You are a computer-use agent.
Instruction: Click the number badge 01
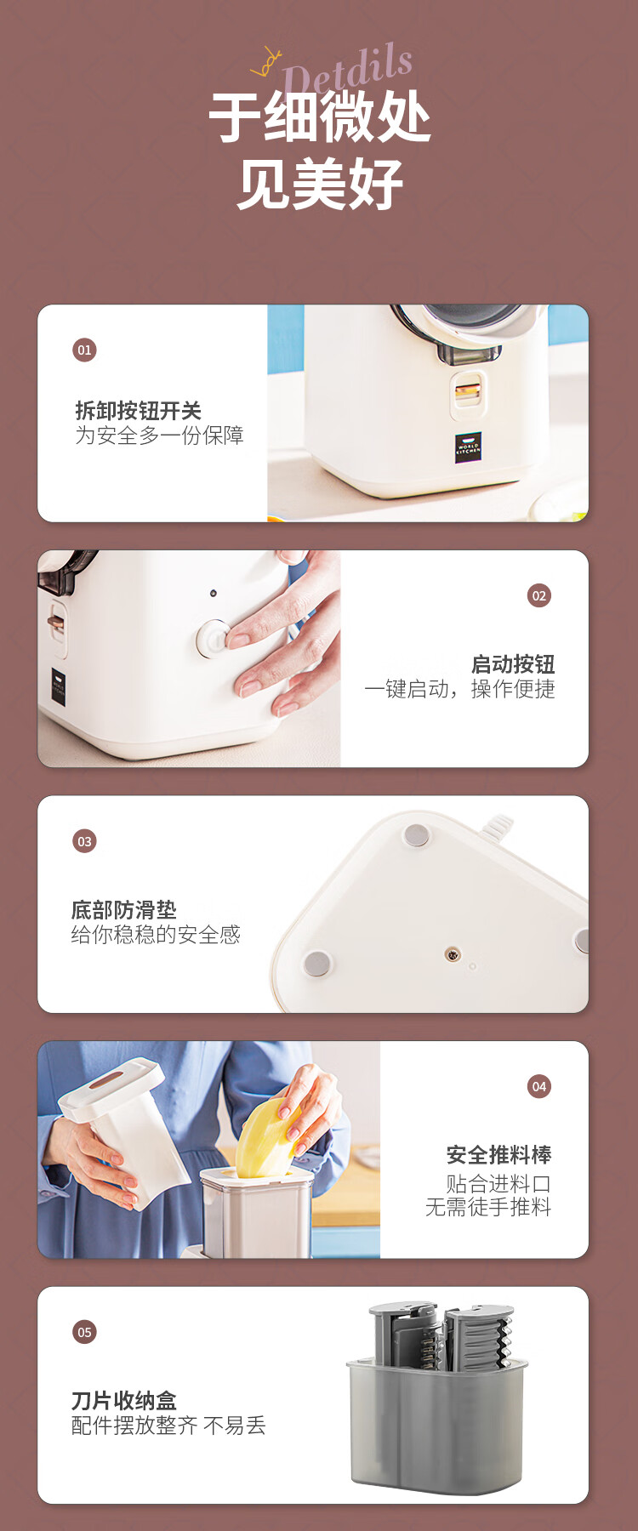tap(84, 350)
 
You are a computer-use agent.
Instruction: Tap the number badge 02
tap(539, 595)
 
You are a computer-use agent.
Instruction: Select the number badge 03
tap(84, 841)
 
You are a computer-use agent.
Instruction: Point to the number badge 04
tap(539, 1086)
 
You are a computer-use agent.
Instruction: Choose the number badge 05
tap(84, 1332)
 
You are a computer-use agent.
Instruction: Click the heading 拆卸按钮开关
tap(139, 411)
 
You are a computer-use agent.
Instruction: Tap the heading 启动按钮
tap(513, 664)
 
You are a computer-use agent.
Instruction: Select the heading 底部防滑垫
tap(124, 910)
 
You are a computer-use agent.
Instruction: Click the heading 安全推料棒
tap(499, 1155)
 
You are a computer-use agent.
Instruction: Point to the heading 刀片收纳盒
tap(124, 1401)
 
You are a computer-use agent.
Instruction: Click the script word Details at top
tap(348, 69)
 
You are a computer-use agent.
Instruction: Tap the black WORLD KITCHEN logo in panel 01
tap(468, 447)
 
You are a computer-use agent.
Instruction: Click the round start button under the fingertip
tap(213, 638)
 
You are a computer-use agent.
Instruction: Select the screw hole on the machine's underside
tap(453, 954)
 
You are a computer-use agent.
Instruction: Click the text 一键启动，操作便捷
tap(459, 689)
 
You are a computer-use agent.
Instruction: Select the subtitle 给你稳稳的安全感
tap(156, 935)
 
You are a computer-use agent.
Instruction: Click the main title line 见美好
tap(320, 185)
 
